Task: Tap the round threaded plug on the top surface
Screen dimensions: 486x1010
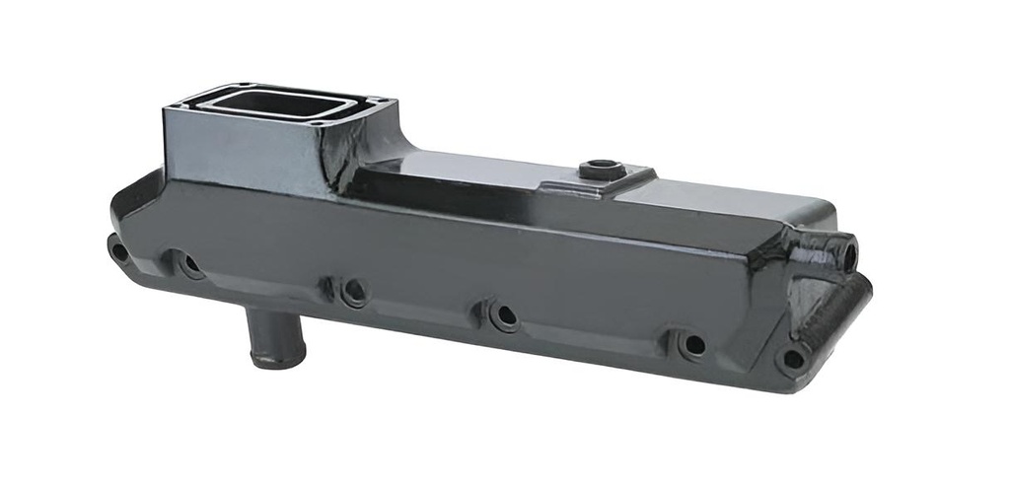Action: [x=599, y=171]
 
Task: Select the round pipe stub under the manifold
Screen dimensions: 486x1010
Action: [x=265, y=340]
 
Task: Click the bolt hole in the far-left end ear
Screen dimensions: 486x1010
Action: [x=119, y=250]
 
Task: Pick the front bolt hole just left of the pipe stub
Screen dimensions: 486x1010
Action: [x=187, y=263]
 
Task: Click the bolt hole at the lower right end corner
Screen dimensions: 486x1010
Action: [x=790, y=357]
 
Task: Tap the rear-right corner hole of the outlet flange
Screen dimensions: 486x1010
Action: [x=385, y=100]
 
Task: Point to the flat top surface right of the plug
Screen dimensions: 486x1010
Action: [x=720, y=202]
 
